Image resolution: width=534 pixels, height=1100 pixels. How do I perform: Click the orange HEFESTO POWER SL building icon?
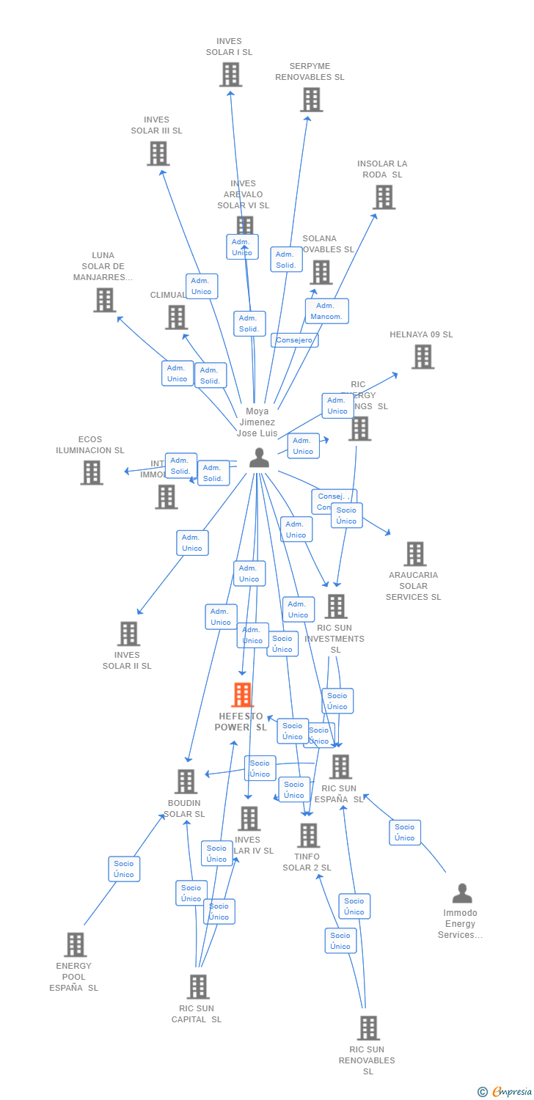coord(242,694)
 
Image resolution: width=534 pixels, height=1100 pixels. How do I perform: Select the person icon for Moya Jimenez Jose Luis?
coord(259,458)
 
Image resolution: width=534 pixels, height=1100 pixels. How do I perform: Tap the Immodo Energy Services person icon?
coord(462,893)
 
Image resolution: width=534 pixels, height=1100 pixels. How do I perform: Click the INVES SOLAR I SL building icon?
coord(230,75)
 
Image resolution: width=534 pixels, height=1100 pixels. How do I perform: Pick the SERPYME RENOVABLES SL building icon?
coord(311,100)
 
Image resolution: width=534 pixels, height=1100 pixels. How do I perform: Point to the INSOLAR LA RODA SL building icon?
coord(384,197)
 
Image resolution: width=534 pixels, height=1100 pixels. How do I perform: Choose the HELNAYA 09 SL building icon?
coord(423,357)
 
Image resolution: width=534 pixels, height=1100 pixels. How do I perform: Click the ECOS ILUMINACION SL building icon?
coord(92,473)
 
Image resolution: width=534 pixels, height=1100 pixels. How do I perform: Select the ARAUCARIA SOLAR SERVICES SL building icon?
coord(415,554)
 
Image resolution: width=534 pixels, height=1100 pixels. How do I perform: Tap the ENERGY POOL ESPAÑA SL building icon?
coord(76,945)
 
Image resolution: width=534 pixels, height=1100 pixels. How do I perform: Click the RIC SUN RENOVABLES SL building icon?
coord(368,1028)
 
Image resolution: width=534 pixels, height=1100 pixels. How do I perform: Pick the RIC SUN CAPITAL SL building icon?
coord(198,987)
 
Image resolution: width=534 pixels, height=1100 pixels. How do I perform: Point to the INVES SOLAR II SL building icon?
coord(128,634)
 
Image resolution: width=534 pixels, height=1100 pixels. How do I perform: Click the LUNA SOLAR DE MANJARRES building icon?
coord(105,300)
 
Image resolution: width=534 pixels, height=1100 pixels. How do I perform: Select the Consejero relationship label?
coord(294,340)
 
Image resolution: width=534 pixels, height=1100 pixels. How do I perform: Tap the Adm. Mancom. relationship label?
coord(326,311)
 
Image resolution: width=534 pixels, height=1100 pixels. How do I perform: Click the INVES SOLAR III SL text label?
coord(156,125)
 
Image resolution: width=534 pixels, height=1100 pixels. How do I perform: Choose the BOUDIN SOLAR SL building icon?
coord(186,782)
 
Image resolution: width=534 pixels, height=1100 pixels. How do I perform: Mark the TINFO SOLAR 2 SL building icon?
coord(309,835)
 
